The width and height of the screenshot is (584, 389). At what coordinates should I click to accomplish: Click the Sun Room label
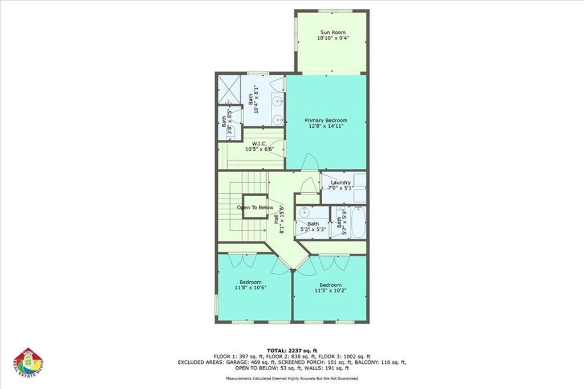332,32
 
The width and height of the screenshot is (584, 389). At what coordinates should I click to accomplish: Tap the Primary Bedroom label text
326,120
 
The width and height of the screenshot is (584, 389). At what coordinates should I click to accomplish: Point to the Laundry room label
340,183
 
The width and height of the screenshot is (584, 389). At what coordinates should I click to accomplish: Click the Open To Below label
255,208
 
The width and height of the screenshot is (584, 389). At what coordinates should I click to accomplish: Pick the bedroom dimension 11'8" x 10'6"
250,288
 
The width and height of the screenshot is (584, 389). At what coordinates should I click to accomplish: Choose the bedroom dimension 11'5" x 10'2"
330,290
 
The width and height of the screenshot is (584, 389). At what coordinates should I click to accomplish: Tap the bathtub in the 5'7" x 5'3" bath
359,222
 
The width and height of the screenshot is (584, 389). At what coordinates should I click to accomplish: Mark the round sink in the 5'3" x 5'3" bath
303,211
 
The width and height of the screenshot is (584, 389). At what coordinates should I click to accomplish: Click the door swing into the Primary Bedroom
310,162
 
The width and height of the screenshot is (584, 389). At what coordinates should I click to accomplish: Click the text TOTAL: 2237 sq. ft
291,350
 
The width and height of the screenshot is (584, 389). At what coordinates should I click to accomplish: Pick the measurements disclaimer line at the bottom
291,378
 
